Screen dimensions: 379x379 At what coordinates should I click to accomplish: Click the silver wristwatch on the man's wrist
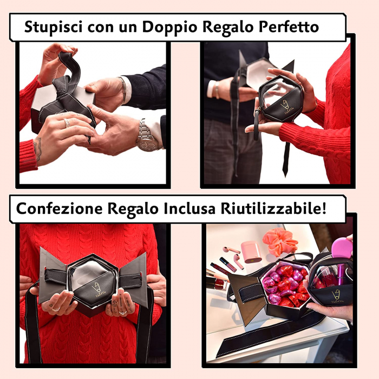coord(147,138)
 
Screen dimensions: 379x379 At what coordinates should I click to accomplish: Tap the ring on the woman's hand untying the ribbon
coord(67,123)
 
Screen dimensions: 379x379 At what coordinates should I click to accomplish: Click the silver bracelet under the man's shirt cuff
coord(124,90)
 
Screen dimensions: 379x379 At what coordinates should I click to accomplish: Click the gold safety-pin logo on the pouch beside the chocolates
coord(336,295)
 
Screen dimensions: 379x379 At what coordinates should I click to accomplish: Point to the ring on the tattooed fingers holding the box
coord(122,312)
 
